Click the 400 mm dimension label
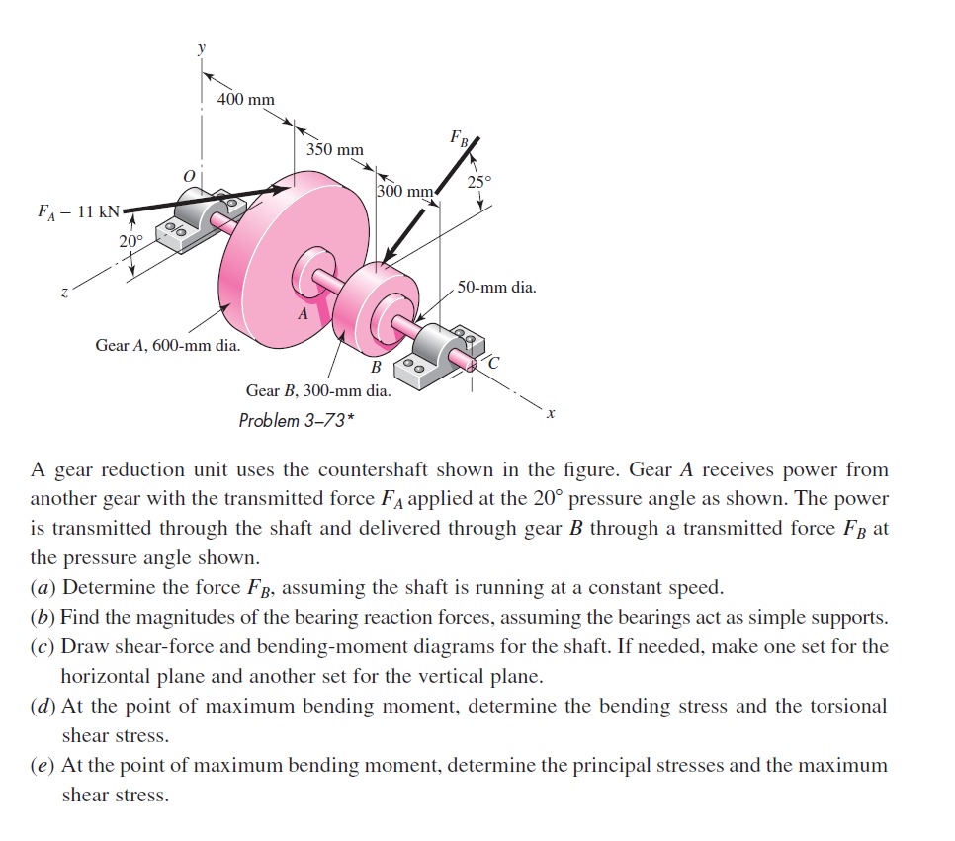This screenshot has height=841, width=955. (x=246, y=100)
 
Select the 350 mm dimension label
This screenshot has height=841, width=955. (x=334, y=149)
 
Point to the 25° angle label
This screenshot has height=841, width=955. (x=478, y=182)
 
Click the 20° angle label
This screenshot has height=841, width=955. (x=130, y=241)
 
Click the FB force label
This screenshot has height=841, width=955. (x=460, y=137)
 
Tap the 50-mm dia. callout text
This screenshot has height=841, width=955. (x=497, y=288)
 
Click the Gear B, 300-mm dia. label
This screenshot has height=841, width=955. (x=318, y=389)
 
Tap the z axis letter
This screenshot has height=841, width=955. (x=64, y=293)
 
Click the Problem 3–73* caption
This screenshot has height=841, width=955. (x=297, y=420)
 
